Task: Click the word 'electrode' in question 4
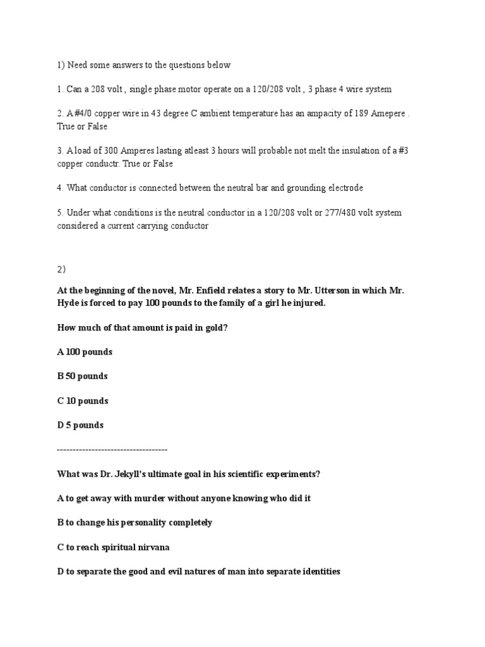click(344, 188)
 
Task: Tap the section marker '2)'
click(61, 269)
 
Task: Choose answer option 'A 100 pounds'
click(85, 351)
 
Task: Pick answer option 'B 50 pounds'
click(82, 376)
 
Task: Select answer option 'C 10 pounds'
click(82, 401)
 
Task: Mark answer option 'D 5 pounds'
click(80, 425)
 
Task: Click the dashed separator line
click(112, 449)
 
